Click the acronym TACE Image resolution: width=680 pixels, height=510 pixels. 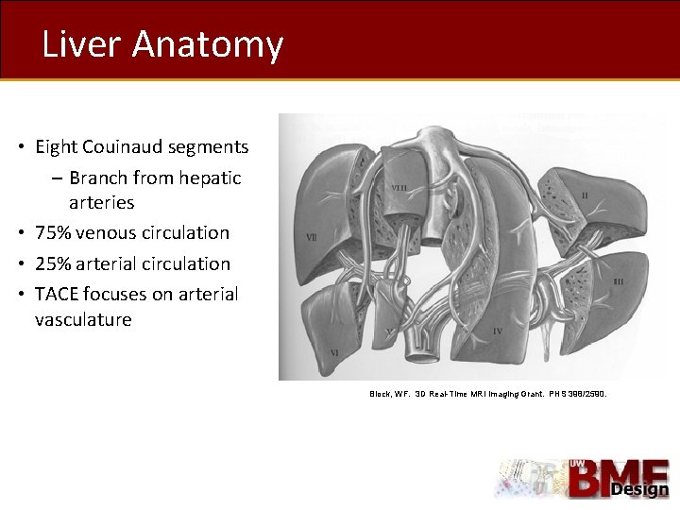[58, 294]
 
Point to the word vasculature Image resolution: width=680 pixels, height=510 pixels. [83, 319]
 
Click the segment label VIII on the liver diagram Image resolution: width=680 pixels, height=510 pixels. [399, 188]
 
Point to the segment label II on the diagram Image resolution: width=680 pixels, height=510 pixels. [585, 195]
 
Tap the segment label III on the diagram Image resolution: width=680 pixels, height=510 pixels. [619, 280]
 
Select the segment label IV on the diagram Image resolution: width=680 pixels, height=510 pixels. [497, 331]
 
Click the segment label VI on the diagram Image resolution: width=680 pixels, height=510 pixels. [333, 351]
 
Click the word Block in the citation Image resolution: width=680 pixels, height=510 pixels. [380, 393]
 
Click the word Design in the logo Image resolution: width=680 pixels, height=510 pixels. [639, 489]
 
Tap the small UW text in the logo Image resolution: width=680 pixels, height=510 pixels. [575, 464]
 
